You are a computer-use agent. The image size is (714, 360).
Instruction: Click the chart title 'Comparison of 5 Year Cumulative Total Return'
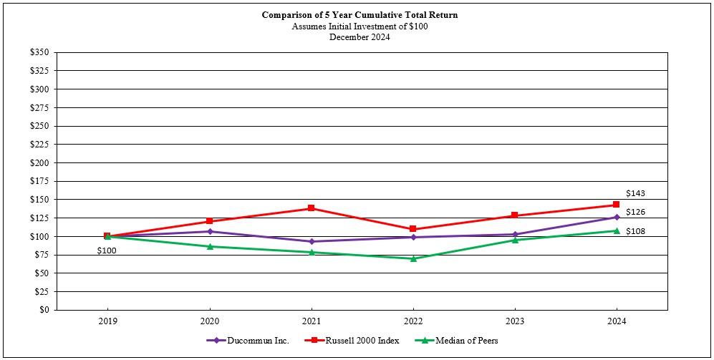tap(360, 14)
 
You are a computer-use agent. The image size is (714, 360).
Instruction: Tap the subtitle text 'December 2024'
tap(360, 37)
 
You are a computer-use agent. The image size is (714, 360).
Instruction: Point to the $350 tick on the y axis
tap(40, 52)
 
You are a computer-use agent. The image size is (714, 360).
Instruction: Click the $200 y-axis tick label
tap(40, 162)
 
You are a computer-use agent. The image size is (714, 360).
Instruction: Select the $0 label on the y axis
tap(44, 310)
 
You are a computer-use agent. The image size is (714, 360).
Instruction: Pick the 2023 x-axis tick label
tap(515, 321)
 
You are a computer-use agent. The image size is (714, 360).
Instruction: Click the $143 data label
tap(636, 193)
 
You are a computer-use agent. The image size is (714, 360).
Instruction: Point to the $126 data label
tap(636, 212)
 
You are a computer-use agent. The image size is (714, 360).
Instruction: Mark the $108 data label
tap(636, 231)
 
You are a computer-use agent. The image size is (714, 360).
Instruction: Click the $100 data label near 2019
tap(107, 250)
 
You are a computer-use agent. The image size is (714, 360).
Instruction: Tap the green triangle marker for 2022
tap(413, 258)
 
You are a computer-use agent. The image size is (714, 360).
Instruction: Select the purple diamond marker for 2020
tap(210, 231)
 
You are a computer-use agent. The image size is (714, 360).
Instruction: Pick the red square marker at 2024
tap(616, 205)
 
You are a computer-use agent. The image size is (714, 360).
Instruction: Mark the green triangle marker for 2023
tap(515, 240)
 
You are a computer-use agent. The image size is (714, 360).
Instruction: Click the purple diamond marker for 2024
tap(616, 217)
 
